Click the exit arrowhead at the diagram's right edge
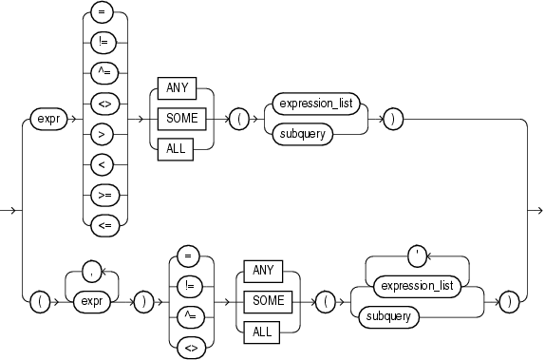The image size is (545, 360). (x=537, y=209)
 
